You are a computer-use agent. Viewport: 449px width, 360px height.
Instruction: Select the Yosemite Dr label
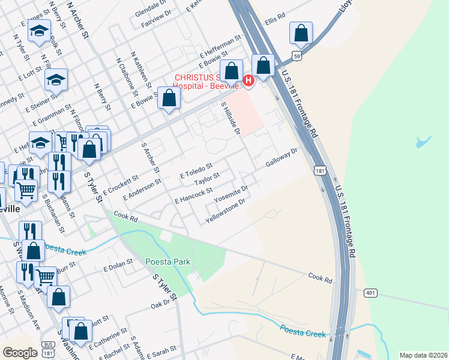click(231, 194)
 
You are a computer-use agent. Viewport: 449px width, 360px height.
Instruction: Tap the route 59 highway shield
click(295, 55)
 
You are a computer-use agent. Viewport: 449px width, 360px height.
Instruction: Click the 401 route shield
click(370, 292)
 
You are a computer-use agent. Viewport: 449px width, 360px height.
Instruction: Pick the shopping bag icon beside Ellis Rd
click(301, 34)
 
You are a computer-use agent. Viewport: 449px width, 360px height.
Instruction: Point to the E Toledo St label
click(196, 170)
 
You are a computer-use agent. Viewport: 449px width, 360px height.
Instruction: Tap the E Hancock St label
click(193, 196)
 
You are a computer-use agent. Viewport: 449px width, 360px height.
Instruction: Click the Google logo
click(20, 352)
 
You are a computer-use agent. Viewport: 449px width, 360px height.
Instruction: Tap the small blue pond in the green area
click(423, 142)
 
